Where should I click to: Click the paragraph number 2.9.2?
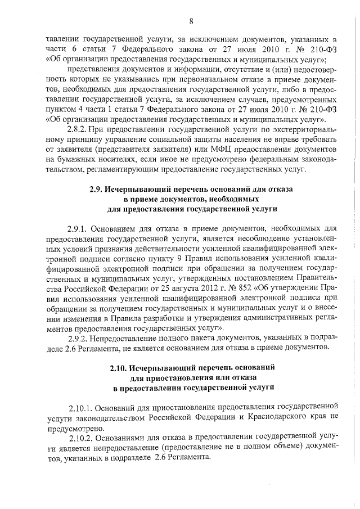tap(79, 337)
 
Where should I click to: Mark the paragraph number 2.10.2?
tap(81, 437)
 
